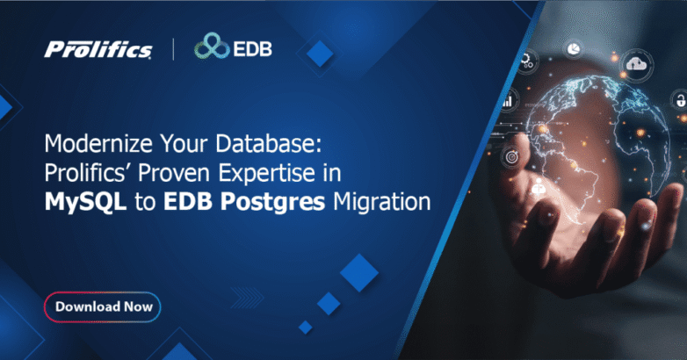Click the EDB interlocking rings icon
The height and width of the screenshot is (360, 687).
(x=210, y=47)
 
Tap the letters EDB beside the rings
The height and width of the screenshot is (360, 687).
(x=252, y=48)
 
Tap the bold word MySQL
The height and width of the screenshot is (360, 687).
(x=83, y=204)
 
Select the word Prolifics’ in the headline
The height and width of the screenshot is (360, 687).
(x=87, y=174)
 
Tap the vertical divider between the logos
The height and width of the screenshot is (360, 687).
(x=175, y=48)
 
